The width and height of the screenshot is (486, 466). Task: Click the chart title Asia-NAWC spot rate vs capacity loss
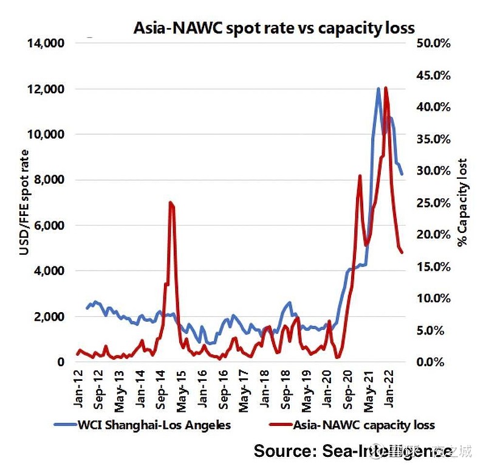click(275, 28)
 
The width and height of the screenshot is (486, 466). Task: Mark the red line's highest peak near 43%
click(386, 88)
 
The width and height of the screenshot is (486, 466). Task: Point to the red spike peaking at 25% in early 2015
click(170, 203)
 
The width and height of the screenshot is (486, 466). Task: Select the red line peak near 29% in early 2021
click(360, 176)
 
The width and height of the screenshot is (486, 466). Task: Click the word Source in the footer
click(281, 451)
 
